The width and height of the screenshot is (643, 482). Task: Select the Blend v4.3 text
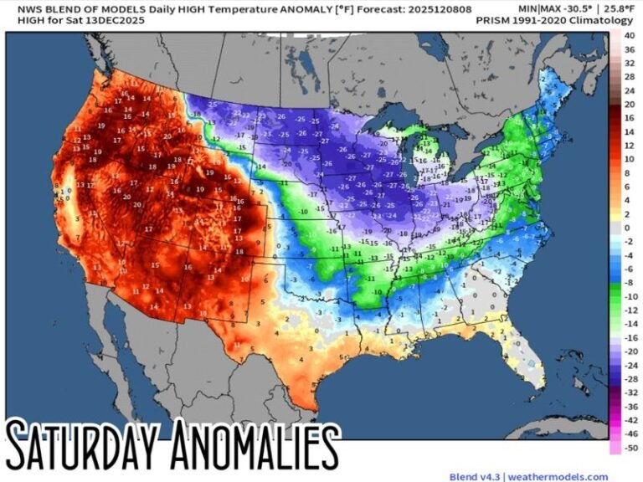pyautogui.click(x=474, y=475)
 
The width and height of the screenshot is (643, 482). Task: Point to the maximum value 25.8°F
pyautogui.click(x=616, y=7)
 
